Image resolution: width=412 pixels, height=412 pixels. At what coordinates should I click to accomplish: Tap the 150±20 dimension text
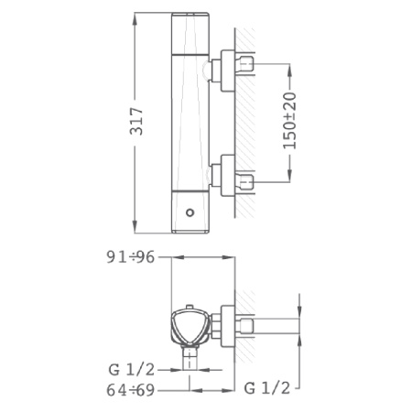290,120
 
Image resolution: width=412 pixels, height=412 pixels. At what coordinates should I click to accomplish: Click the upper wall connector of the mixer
223,68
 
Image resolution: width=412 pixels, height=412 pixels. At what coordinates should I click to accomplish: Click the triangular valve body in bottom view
190,324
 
